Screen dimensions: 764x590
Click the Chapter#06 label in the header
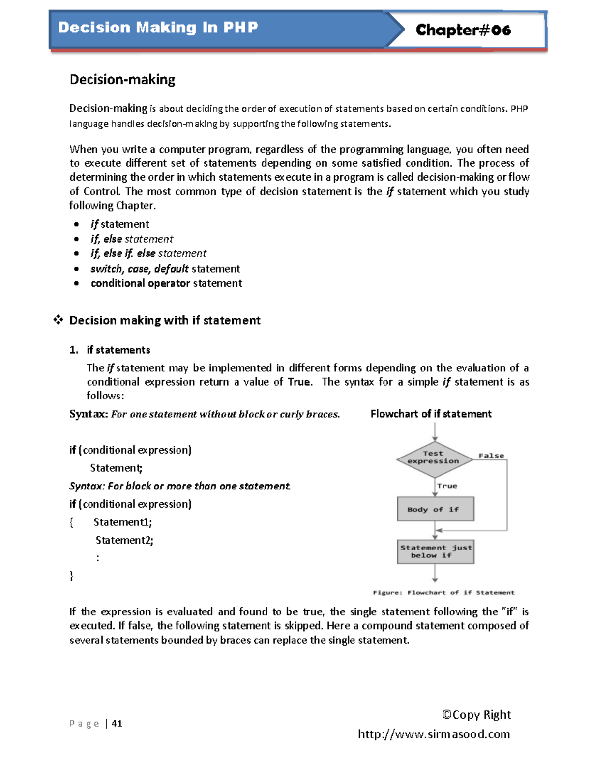[463, 30]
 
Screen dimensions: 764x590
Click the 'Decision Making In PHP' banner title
[158, 27]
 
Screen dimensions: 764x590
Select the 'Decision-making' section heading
[122, 79]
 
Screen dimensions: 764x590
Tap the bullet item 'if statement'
[120, 224]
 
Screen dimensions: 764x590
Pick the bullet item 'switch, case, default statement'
[165, 269]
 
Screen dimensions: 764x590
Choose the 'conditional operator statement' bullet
[166, 283]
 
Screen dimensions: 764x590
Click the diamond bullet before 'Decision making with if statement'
[59, 320]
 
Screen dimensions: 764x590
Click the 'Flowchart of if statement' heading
[431, 414]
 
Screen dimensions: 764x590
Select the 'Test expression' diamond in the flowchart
[434, 458]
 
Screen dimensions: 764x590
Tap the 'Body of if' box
[435, 509]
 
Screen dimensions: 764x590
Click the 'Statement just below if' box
[436, 551]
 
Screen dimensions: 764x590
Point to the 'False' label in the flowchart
[491, 456]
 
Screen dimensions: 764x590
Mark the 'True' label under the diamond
[447, 486]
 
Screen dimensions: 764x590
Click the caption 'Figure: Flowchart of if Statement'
[443, 593]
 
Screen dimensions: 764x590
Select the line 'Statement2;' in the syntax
[124, 540]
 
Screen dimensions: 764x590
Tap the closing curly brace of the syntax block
[72, 576]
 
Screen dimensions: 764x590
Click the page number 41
[117, 723]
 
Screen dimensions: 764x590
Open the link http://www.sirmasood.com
[434, 734]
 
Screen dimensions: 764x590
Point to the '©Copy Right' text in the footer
[476, 715]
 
